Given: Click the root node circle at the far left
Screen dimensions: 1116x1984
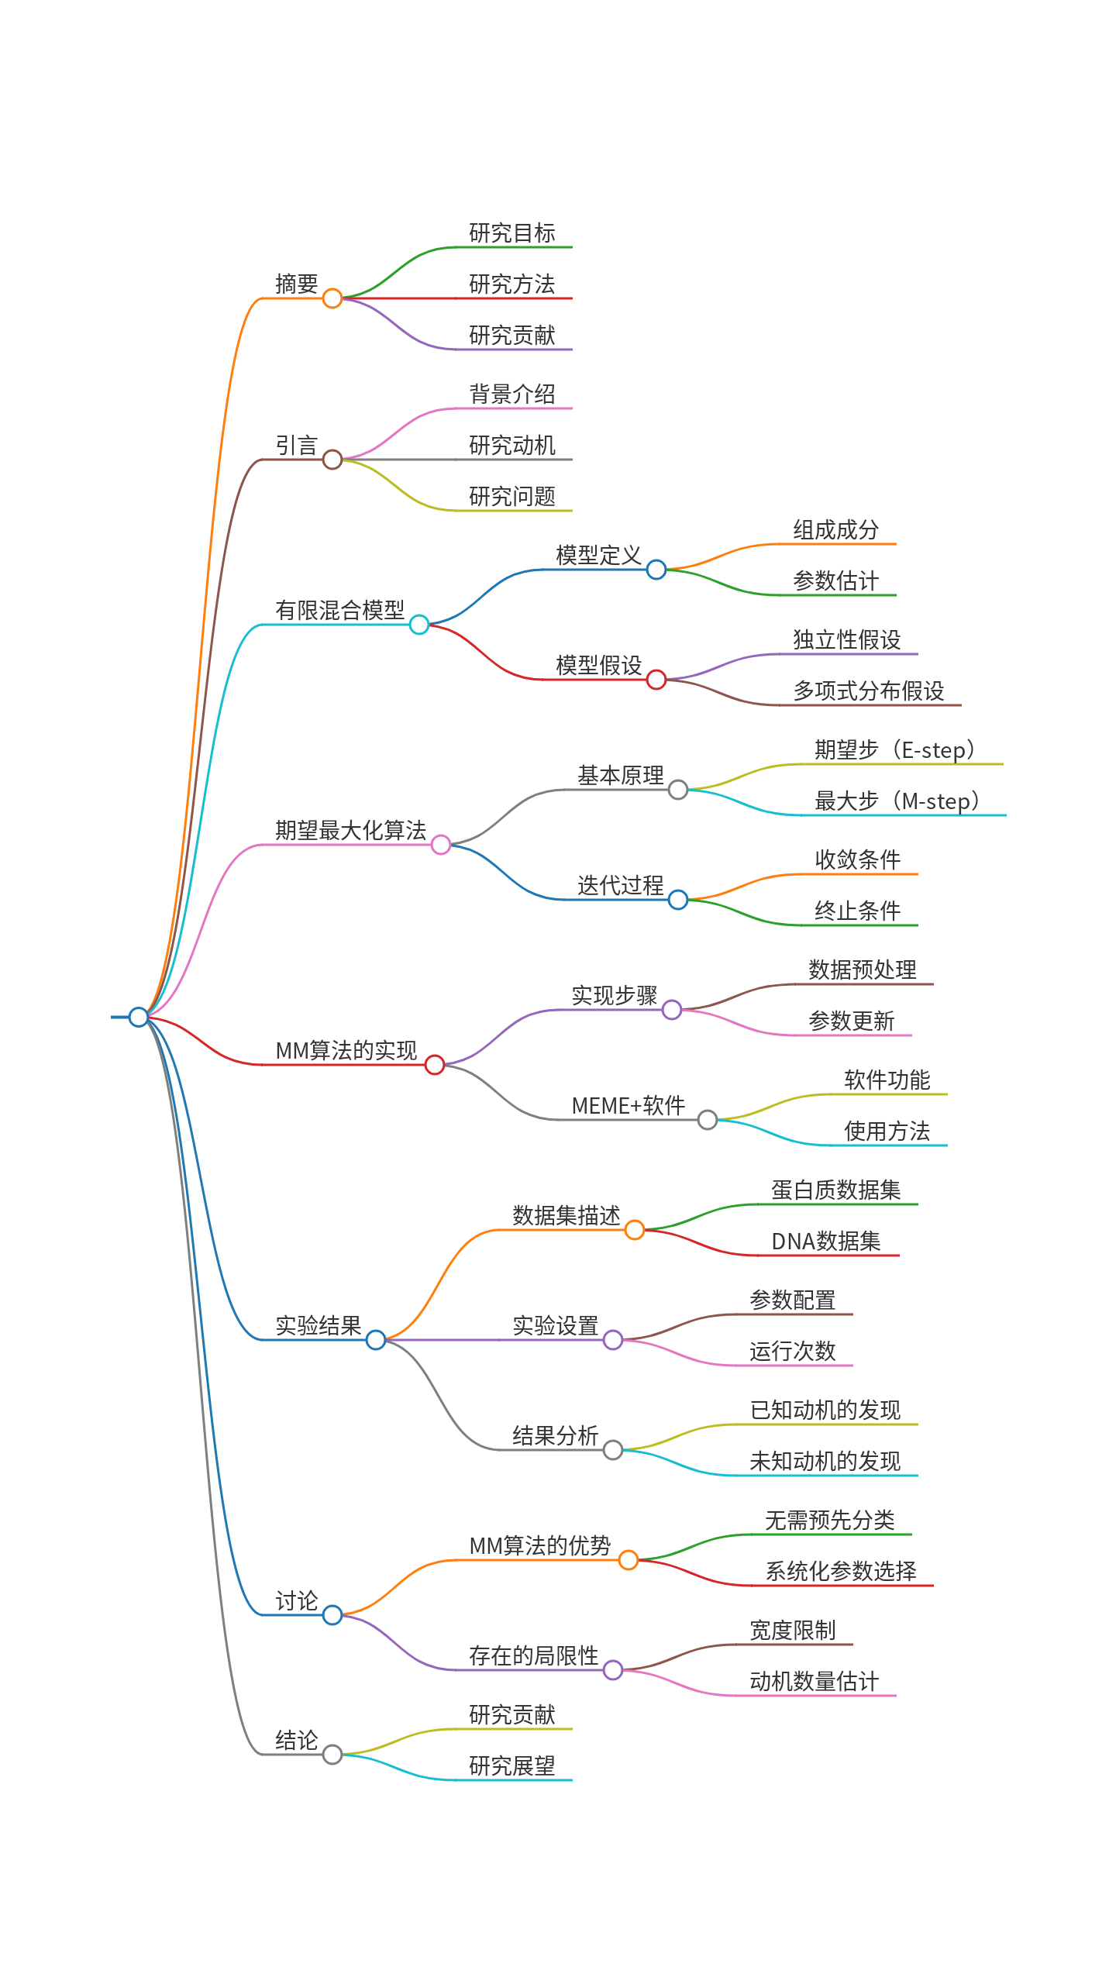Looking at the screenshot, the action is (x=139, y=1017).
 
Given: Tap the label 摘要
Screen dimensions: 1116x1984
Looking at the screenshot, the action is (x=297, y=284).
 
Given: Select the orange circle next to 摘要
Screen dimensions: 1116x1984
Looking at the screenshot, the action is (x=332, y=298).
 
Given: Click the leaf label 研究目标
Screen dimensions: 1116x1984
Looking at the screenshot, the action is (x=512, y=232).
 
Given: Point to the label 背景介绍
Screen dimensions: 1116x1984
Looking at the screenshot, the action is (x=512, y=394).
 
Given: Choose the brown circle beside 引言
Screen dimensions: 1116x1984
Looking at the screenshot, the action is (x=332, y=460).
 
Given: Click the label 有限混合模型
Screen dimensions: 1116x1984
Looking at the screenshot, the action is (x=340, y=610).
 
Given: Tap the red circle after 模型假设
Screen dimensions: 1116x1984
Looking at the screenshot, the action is (x=656, y=680).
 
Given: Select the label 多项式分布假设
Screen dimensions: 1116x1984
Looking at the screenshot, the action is (x=869, y=691).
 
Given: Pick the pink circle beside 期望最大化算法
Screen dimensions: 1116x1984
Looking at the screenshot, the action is (x=441, y=845).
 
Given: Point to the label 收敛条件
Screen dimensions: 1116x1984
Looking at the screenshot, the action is (x=858, y=859).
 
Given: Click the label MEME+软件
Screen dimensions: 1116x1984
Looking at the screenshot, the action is (x=629, y=1105).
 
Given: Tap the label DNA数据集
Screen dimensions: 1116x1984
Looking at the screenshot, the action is (x=826, y=1241).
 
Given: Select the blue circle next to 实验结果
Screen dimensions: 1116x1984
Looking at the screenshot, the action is (x=376, y=1340).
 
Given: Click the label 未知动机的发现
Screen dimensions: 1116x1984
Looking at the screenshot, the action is (x=825, y=1461).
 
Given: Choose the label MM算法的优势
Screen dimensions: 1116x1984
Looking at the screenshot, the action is (x=540, y=1545).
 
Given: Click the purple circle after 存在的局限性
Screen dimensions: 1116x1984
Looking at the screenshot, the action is (x=613, y=1670).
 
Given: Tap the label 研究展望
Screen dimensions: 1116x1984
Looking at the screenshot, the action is (x=512, y=1765).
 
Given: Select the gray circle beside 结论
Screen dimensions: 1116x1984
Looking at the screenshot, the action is (x=332, y=1755).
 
